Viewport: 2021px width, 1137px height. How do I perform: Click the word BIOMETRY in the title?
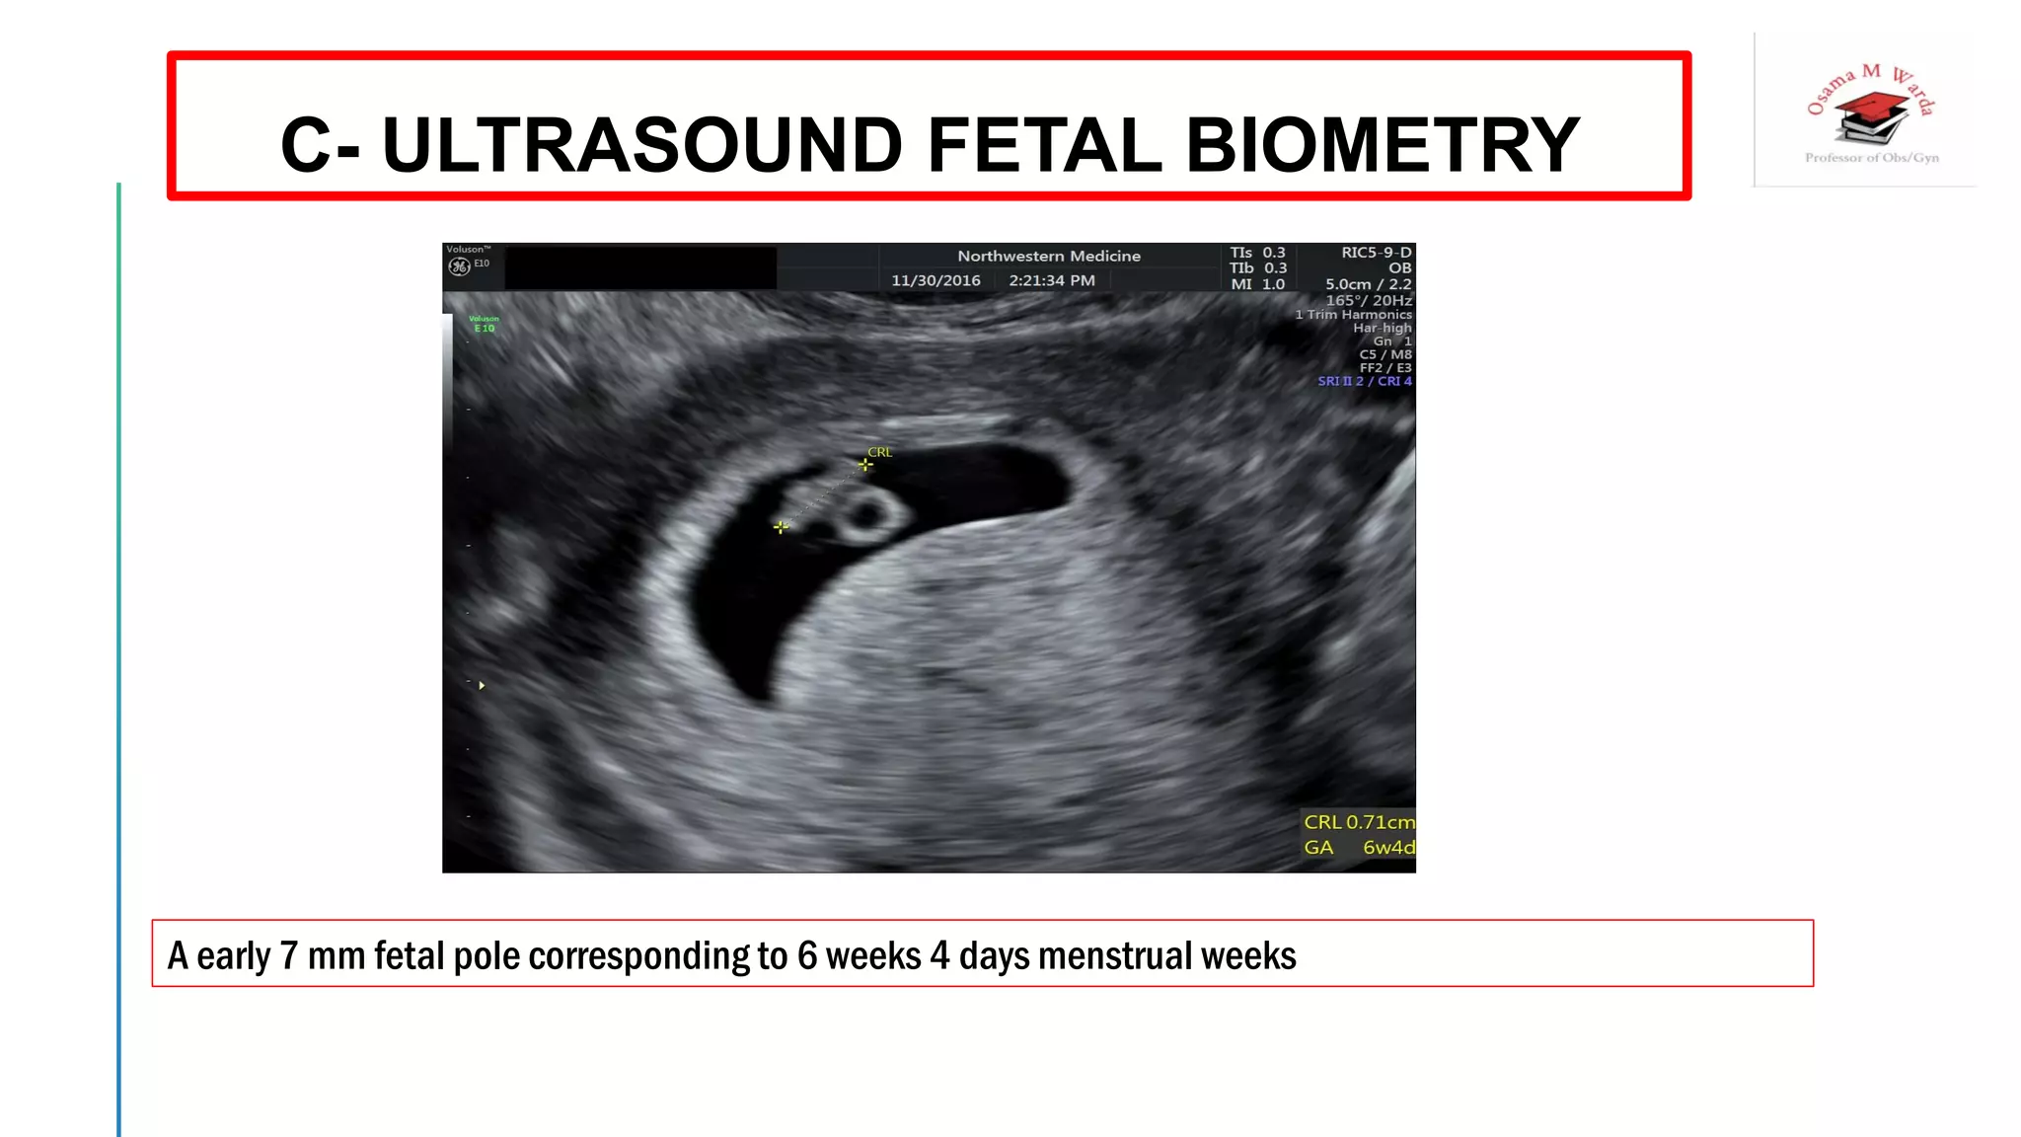pyautogui.click(x=1382, y=145)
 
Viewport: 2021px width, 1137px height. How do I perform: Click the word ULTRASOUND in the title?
pyautogui.click(x=641, y=145)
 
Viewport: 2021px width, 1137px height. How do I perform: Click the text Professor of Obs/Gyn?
pyautogui.click(x=1871, y=158)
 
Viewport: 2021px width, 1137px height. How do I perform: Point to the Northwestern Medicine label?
pyautogui.click(x=1048, y=256)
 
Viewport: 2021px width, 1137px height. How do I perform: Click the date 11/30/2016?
pyautogui.click(x=936, y=280)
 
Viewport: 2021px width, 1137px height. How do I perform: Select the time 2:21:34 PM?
pyautogui.click(x=1051, y=280)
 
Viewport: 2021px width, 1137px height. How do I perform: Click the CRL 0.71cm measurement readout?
pyautogui.click(x=1358, y=822)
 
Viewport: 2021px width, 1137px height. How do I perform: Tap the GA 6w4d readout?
pyautogui.click(x=1358, y=848)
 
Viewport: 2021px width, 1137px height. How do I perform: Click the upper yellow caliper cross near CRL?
pyautogui.click(x=865, y=465)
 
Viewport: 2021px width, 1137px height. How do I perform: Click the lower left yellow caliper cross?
pyautogui.click(x=781, y=527)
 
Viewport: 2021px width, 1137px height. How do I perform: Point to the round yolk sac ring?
pyautogui.click(x=868, y=514)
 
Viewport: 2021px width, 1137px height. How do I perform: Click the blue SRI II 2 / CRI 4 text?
pyautogui.click(x=1364, y=381)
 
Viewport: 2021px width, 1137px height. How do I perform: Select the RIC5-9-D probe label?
pyautogui.click(x=1376, y=253)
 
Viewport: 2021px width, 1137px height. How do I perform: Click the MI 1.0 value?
pyautogui.click(x=1258, y=284)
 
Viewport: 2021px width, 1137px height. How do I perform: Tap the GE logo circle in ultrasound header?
pyautogui.click(x=459, y=266)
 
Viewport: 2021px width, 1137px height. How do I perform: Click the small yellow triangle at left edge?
pyautogui.click(x=482, y=685)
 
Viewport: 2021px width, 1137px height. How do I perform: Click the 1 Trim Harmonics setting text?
pyautogui.click(x=1353, y=315)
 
